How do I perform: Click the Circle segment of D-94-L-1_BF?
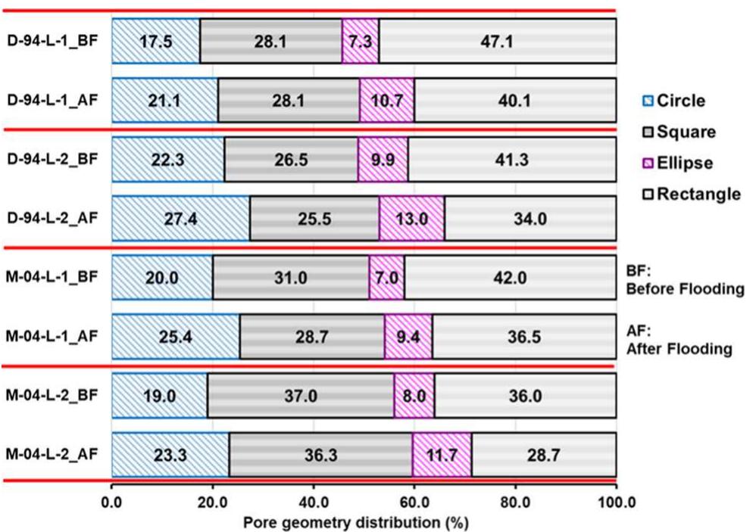(155, 41)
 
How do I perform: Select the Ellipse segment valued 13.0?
(411, 219)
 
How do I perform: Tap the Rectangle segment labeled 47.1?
(497, 41)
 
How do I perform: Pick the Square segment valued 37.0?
(301, 397)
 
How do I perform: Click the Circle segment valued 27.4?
(180, 219)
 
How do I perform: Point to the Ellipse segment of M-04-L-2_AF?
(442, 456)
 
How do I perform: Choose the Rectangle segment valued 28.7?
(543, 456)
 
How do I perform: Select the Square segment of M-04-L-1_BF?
(290, 278)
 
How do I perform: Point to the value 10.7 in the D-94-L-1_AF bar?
(386, 100)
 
